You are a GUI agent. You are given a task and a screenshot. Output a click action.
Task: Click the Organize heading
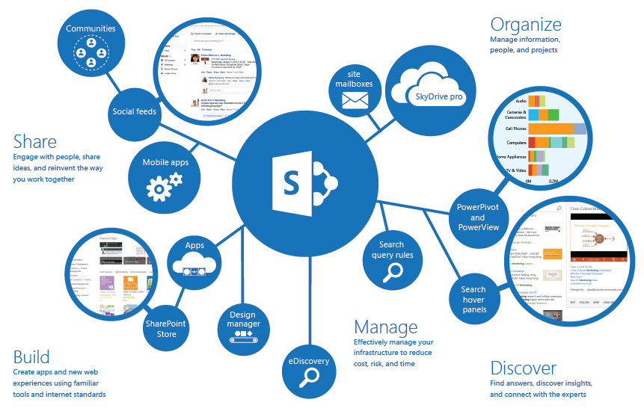click(x=525, y=24)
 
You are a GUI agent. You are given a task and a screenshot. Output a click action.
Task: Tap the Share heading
click(x=34, y=141)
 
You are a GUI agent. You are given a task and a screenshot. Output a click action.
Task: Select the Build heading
click(x=31, y=356)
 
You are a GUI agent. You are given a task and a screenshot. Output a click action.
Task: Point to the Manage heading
click(x=385, y=327)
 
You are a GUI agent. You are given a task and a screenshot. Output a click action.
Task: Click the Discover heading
click(x=523, y=368)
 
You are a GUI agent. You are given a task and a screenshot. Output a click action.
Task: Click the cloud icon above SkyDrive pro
click(x=429, y=75)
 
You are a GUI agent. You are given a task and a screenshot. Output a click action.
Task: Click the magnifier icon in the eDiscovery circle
click(x=309, y=379)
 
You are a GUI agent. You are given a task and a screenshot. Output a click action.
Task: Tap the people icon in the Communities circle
click(x=91, y=49)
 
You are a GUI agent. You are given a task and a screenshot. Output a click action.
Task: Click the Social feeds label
click(x=135, y=112)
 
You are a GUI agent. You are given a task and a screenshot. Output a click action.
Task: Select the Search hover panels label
click(x=473, y=299)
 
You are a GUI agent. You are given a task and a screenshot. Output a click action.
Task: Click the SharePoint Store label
click(x=166, y=329)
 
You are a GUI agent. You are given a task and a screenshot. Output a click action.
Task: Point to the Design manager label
click(x=244, y=319)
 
